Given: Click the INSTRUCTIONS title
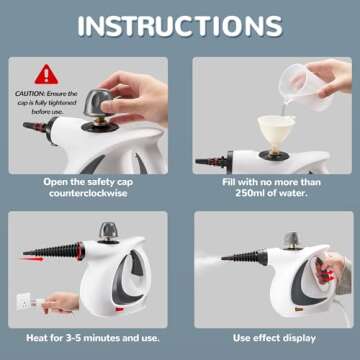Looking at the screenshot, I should click(x=180, y=26).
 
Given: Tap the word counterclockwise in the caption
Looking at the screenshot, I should click(x=91, y=196).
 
